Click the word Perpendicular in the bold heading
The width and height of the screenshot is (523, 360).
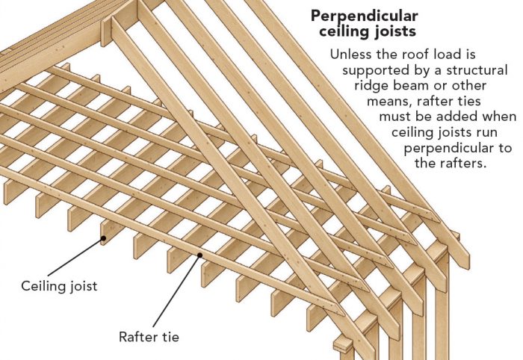click(x=364, y=16)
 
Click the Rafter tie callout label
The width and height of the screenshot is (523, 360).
click(x=148, y=336)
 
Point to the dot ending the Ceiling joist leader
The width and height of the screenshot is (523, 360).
click(x=104, y=240)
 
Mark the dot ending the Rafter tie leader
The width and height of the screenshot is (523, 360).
click(x=199, y=256)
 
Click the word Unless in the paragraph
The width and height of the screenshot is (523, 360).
click(x=350, y=55)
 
